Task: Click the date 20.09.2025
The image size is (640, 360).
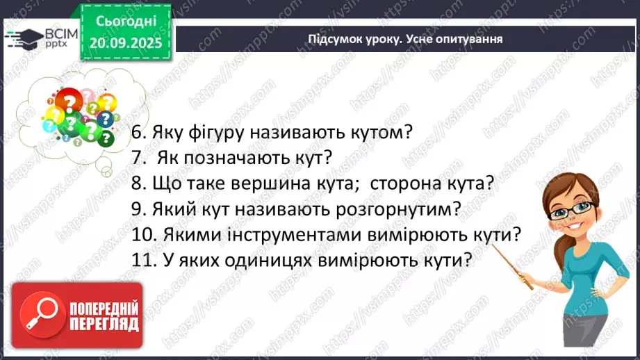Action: click(126, 42)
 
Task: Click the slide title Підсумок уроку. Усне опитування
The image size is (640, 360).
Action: click(405, 39)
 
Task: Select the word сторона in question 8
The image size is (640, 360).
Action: click(406, 183)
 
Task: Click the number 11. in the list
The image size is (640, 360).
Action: click(145, 261)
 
